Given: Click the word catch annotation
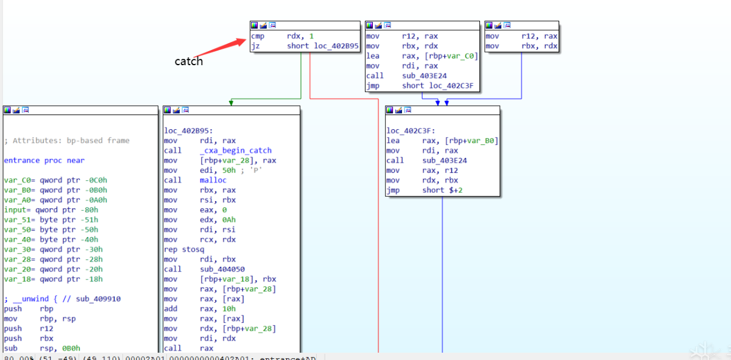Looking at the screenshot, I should [x=189, y=61].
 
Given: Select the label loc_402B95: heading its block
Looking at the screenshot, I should [x=189, y=130].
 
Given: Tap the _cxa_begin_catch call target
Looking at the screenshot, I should [x=236, y=150].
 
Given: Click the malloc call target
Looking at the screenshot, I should [x=213, y=180].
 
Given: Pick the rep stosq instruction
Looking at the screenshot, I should [x=185, y=250].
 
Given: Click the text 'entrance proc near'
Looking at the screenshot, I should [x=44, y=160].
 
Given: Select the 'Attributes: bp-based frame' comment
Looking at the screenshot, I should [x=67, y=141].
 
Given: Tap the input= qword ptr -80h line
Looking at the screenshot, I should [x=52, y=210].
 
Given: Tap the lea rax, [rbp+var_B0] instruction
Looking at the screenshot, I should [x=442, y=141].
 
